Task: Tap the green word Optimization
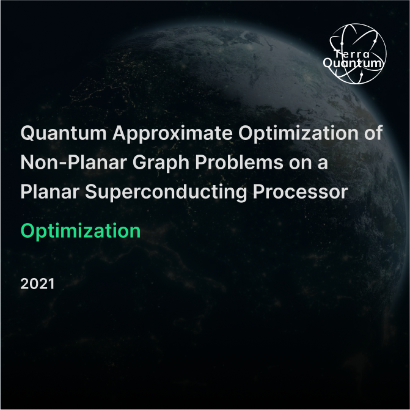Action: (81, 231)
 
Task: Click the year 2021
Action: (37, 284)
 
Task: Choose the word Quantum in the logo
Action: (354, 62)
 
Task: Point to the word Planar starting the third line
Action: (49, 191)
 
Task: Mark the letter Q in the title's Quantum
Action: (28, 134)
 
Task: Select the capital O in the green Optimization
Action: (28, 231)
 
